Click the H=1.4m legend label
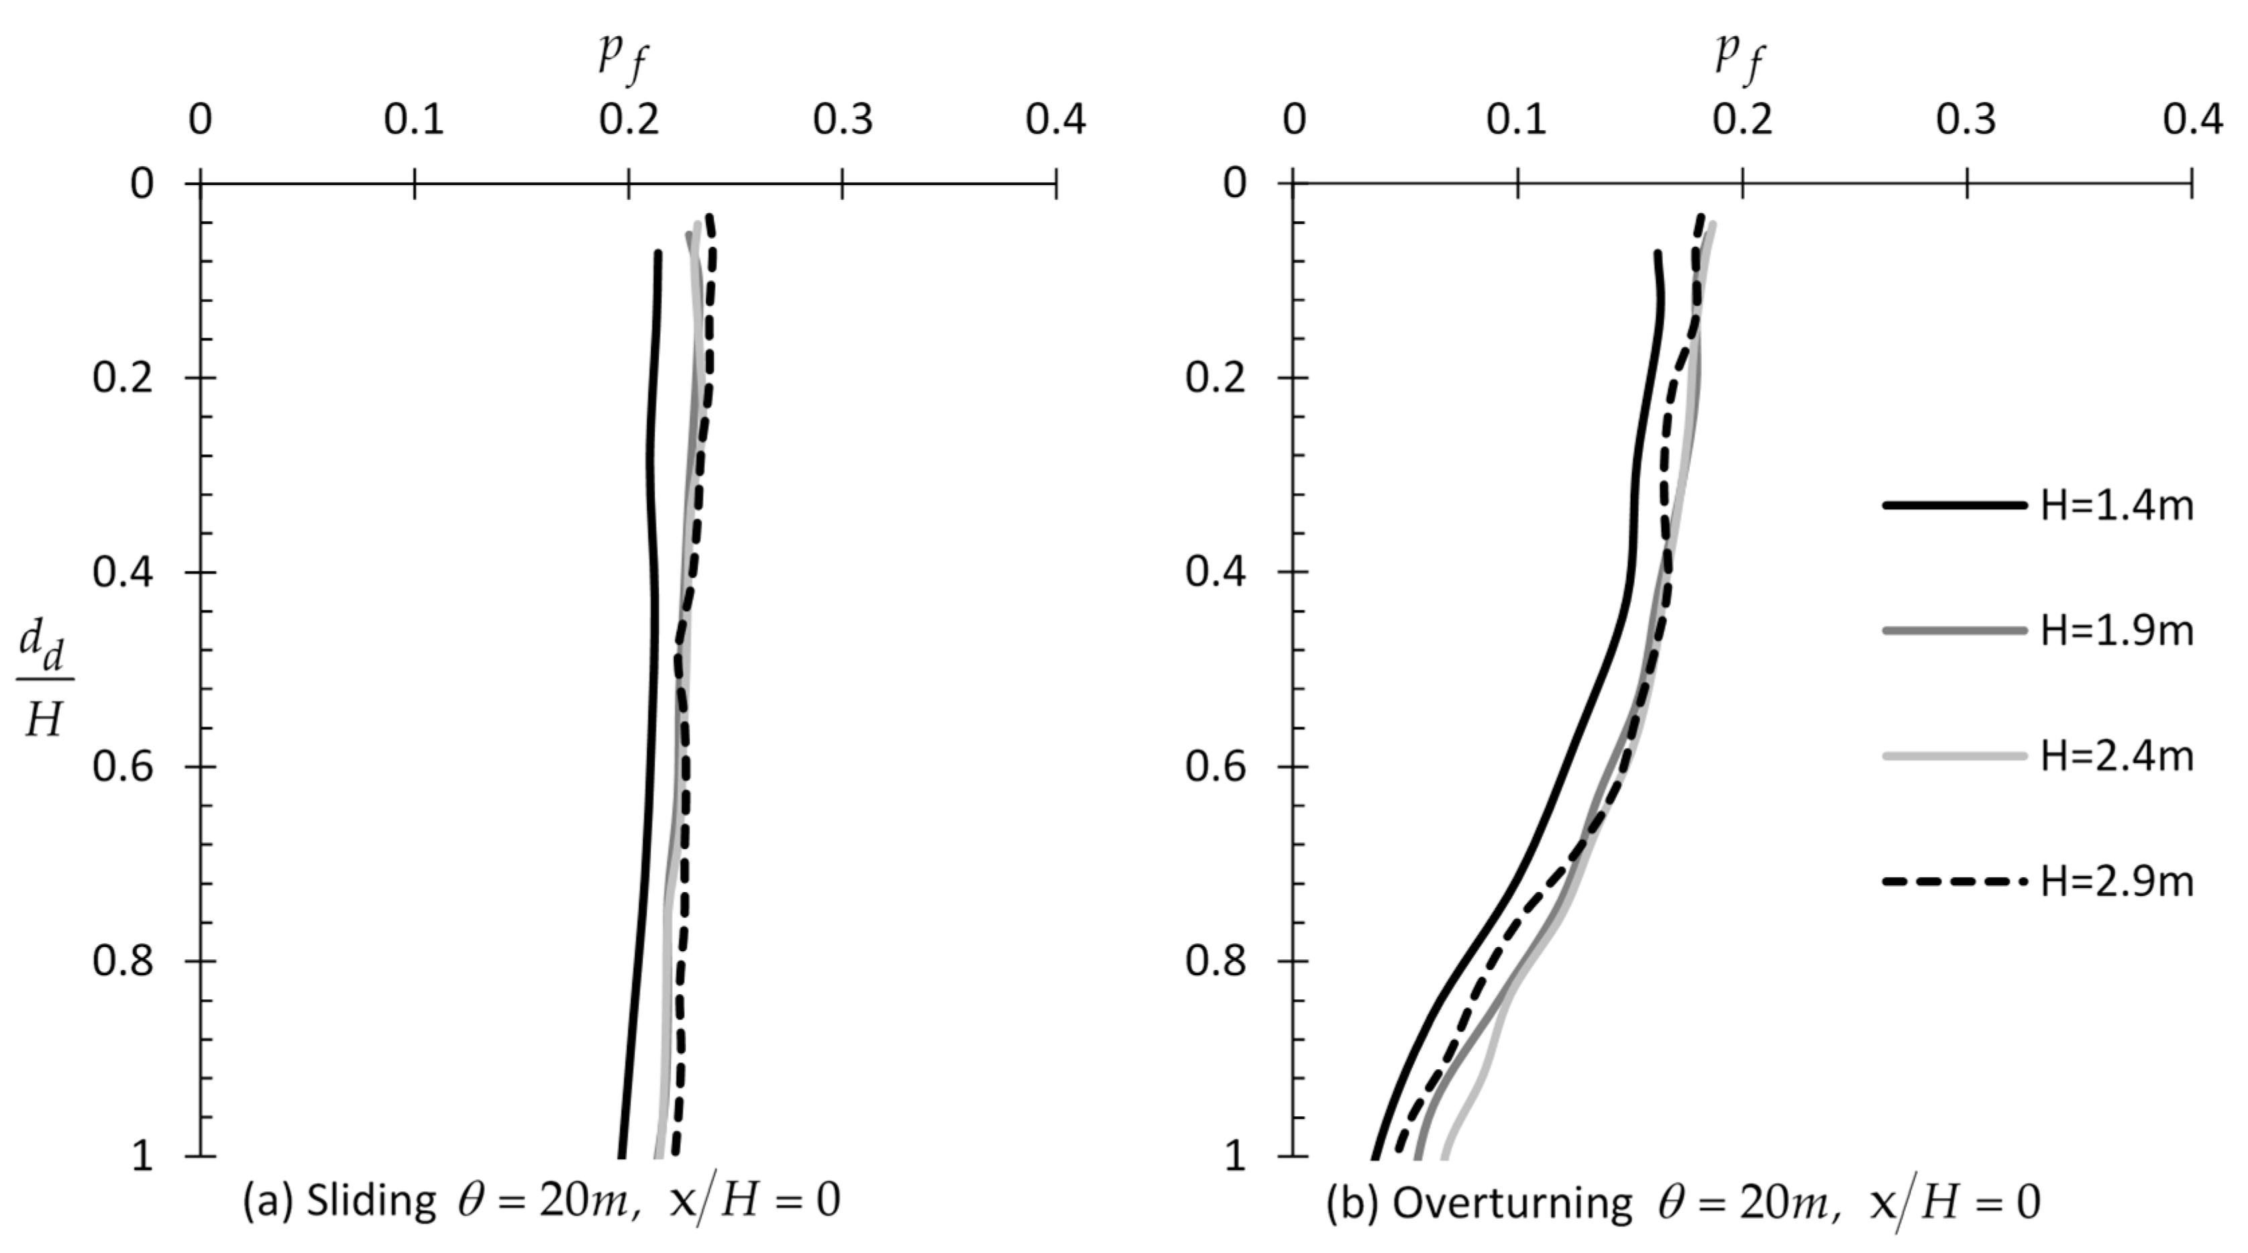click(x=2117, y=506)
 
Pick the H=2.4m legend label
click(x=2117, y=757)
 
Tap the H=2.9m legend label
click(x=2117, y=882)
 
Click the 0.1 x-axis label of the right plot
click(x=1517, y=119)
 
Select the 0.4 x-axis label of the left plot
click(x=1055, y=119)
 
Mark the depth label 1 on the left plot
click(x=142, y=1157)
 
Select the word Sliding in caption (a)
click(x=371, y=1201)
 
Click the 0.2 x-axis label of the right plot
click(x=1742, y=119)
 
